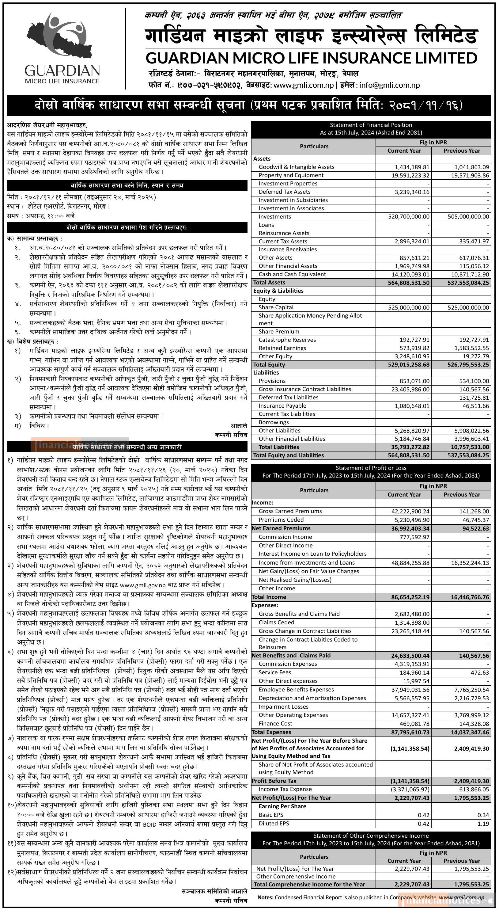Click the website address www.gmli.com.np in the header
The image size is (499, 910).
(x=303, y=85)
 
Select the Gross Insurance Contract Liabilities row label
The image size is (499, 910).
(x=305, y=389)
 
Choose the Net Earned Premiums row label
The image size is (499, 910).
(x=281, y=528)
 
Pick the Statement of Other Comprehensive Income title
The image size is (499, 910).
(x=371, y=836)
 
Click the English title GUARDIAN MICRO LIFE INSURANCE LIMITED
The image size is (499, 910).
(x=312, y=58)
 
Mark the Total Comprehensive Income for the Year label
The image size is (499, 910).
(x=309, y=885)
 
